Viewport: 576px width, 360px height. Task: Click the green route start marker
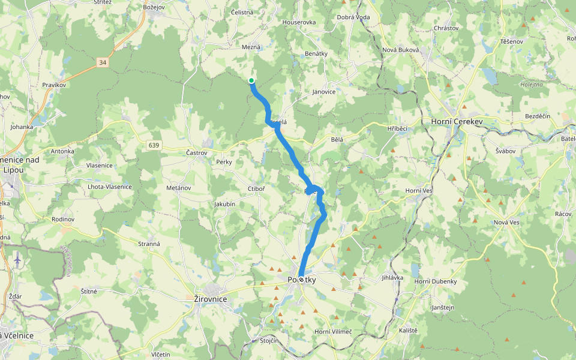click(x=251, y=80)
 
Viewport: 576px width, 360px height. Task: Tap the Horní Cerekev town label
click(x=457, y=122)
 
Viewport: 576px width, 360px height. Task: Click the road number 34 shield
click(x=103, y=62)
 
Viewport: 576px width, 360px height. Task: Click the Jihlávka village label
click(x=392, y=278)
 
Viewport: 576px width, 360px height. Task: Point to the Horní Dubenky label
click(x=436, y=281)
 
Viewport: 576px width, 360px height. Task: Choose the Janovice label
click(x=324, y=92)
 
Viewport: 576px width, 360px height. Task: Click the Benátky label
click(x=316, y=53)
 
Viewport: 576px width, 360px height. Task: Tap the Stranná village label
click(x=149, y=244)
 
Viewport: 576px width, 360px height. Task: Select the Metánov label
click(x=178, y=188)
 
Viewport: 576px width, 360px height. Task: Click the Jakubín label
click(x=226, y=204)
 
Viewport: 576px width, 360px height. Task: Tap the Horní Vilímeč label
click(x=333, y=332)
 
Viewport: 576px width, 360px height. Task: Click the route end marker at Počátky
click(x=301, y=280)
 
